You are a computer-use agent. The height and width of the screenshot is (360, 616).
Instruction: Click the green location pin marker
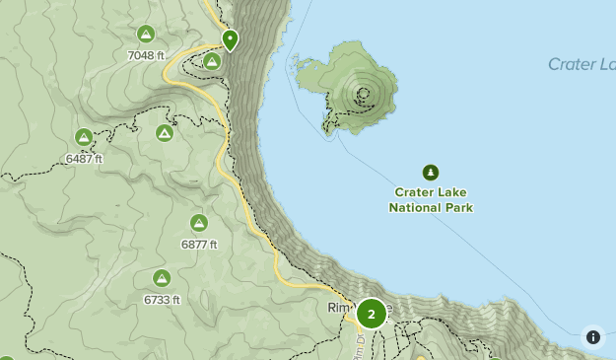tap(230, 39)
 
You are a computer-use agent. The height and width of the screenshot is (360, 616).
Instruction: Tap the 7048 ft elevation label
tap(146, 55)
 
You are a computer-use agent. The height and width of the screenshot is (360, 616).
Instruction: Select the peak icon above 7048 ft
tap(146, 35)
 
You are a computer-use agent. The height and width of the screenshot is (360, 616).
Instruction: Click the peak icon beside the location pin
tap(211, 61)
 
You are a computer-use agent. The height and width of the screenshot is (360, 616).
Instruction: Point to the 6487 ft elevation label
tap(85, 158)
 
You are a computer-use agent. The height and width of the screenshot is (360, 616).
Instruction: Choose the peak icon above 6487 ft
tap(84, 137)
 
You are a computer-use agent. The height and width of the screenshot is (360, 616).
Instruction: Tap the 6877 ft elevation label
tap(199, 244)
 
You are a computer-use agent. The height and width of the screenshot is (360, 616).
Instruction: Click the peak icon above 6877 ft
tap(199, 223)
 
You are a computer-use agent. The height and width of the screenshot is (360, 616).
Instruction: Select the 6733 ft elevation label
tap(162, 299)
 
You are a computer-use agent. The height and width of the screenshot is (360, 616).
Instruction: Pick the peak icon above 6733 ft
tap(162, 278)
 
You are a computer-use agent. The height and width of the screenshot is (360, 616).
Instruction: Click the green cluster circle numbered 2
tap(371, 315)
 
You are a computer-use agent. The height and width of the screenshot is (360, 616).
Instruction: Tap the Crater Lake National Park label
tap(431, 200)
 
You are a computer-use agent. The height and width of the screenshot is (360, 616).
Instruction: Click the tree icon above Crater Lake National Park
tap(431, 173)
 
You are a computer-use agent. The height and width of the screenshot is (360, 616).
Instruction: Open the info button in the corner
tap(592, 336)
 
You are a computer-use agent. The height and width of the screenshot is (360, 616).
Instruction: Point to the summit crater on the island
tap(364, 95)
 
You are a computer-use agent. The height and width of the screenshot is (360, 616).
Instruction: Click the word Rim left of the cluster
tap(339, 309)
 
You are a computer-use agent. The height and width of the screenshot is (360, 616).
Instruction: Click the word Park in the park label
tap(457, 208)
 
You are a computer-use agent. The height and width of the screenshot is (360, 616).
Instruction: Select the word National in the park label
tap(413, 208)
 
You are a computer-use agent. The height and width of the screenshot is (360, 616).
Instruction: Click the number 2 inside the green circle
tap(371, 315)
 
